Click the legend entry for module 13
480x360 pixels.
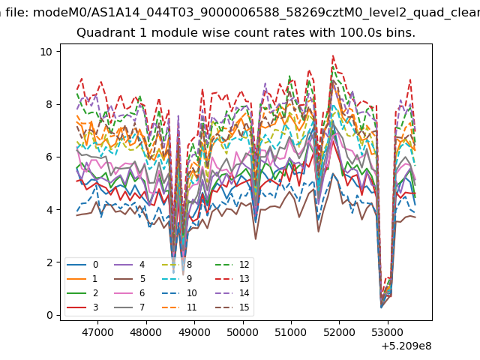coord(232,279)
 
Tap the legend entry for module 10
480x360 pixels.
coord(178,293)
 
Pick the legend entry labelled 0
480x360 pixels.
coord(82,265)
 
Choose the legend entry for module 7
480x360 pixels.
coord(129,307)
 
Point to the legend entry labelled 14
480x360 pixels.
coord(232,293)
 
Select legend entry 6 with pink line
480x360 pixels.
coord(129,293)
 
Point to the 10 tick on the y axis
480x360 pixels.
coord(46,52)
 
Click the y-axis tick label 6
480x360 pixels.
coord(49,157)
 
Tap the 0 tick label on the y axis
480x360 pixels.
coord(49,315)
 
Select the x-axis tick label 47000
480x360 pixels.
coord(97,332)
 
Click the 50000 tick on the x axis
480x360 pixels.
coord(243,332)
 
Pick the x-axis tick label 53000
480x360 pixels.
coord(388,332)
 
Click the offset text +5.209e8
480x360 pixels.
coord(406,346)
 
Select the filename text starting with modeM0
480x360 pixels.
coord(256,13)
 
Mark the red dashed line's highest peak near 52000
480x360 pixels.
coord(333,56)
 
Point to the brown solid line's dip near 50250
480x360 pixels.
coord(256,238)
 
